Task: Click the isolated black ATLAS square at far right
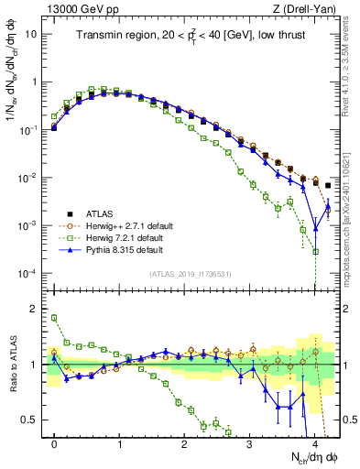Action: click(x=328, y=186)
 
